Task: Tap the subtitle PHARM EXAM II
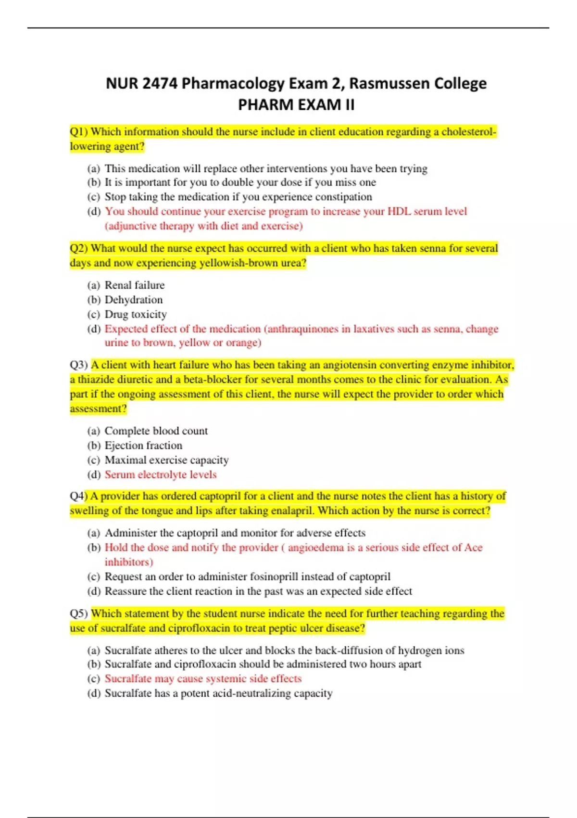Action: tap(296, 104)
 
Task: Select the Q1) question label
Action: tap(79, 132)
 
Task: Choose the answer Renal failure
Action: tap(135, 285)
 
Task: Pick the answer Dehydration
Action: tap(134, 300)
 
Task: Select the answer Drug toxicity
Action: tap(136, 314)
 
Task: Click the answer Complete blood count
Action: tap(156, 431)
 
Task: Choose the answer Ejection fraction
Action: tap(143, 446)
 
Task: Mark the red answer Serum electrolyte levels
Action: tap(161, 474)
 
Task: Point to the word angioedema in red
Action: tap(316, 548)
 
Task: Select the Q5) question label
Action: tap(79, 613)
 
